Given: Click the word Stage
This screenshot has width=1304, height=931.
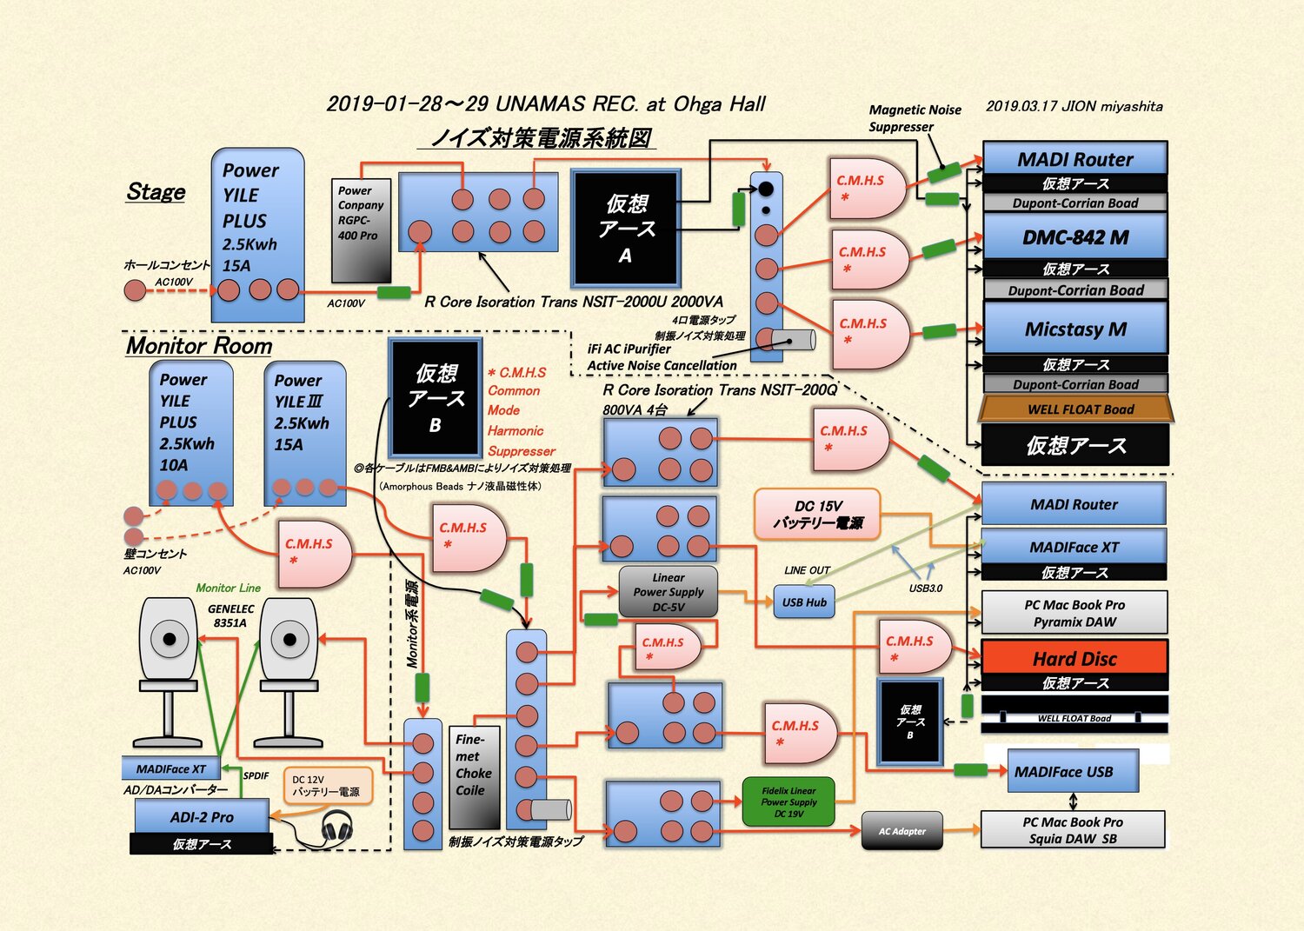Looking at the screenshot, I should pos(156,192).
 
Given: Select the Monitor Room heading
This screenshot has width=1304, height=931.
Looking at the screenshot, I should pos(199,346).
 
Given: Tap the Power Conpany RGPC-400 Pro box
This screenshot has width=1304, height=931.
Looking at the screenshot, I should pos(361,229).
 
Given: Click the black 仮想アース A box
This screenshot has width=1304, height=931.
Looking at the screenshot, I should pos(625,229).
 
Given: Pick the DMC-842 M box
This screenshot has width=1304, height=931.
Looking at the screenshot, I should pos(1074,237).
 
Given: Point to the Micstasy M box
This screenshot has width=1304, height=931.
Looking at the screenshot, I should pos(1074,329).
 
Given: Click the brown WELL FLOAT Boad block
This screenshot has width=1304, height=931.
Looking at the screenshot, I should pos(1076,409).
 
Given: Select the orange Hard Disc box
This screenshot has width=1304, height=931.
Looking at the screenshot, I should pos(1074,658).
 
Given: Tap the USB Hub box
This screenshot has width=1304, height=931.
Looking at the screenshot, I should pos(804,602).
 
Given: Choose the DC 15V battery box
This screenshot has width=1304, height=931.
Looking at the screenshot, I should pos(817,515).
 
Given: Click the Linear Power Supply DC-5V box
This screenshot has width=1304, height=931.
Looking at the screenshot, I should pos(668,592).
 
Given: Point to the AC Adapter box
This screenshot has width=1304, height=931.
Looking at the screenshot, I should pos(901,832).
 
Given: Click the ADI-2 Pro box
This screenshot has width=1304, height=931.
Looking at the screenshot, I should pos(202,817).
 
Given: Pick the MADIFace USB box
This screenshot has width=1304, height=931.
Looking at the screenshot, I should pos(1073,772).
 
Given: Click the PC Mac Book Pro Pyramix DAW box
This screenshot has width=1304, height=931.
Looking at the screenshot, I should pos(1074,613).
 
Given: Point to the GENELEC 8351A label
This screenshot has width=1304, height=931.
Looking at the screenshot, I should pos(230,615).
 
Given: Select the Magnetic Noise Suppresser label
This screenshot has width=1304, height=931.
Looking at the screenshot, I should pos(914,118).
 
